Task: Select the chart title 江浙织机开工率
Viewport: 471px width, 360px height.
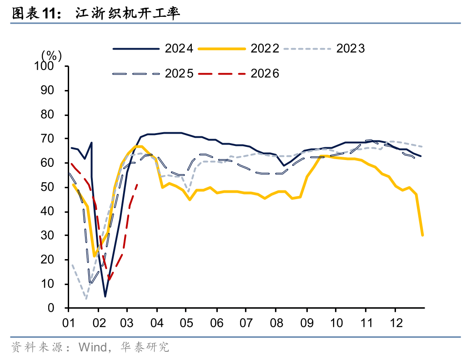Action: pyautogui.click(x=128, y=14)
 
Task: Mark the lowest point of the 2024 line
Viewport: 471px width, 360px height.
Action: pyautogui.click(x=105, y=296)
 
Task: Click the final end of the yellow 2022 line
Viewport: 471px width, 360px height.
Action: pyautogui.click(x=422, y=235)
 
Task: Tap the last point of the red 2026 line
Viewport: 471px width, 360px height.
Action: pyautogui.click(x=137, y=184)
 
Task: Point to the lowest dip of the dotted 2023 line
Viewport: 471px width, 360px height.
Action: pyautogui.click(x=86, y=299)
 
